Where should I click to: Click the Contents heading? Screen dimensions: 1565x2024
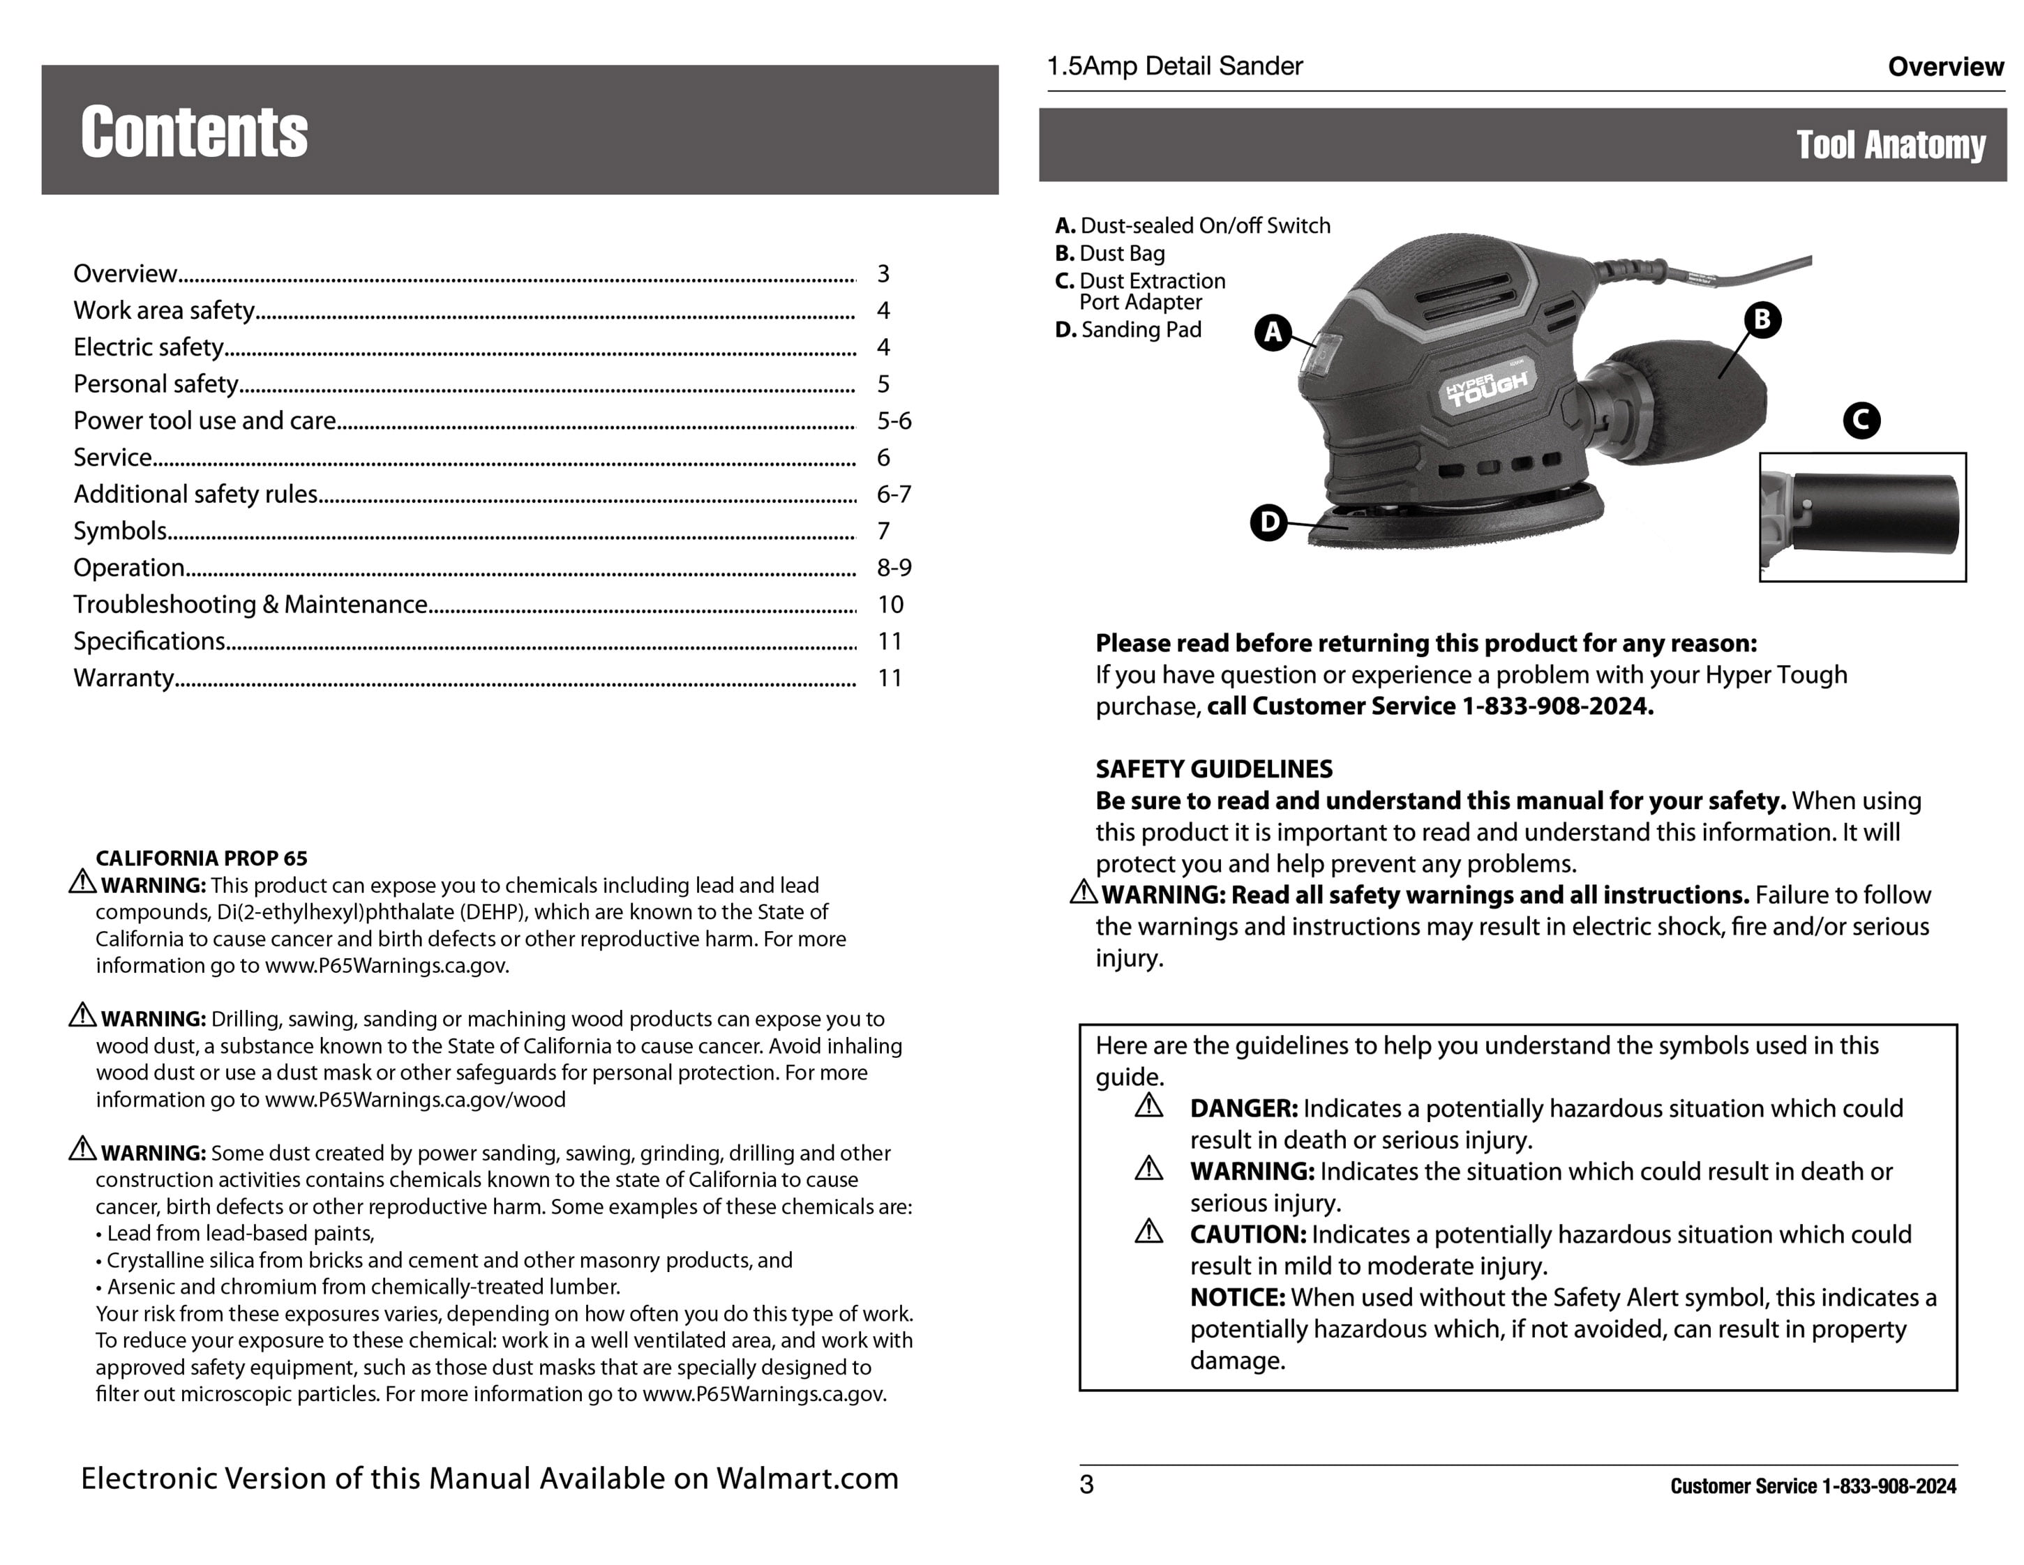coord(194,133)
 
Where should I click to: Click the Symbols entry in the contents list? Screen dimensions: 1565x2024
coord(121,531)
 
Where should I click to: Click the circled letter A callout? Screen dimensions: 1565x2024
coord(1273,332)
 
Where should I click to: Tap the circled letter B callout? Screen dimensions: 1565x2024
coord(1762,319)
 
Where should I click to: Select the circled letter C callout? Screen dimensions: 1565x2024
coord(1861,421)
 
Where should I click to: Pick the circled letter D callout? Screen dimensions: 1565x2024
coord(1268,522)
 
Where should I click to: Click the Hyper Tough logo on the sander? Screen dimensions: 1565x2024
coord(1487,386)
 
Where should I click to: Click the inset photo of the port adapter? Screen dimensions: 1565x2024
coord(1862,517)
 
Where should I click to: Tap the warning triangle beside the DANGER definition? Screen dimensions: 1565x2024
coord(1148,1106)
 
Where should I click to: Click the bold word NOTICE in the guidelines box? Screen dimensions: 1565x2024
coord(1237,1298)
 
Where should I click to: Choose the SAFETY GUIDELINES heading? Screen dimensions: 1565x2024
coord(1213,769)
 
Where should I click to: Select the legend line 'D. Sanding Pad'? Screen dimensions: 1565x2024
coord(1128,330)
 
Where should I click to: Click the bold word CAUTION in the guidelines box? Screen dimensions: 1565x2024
coord(1247,1235)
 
